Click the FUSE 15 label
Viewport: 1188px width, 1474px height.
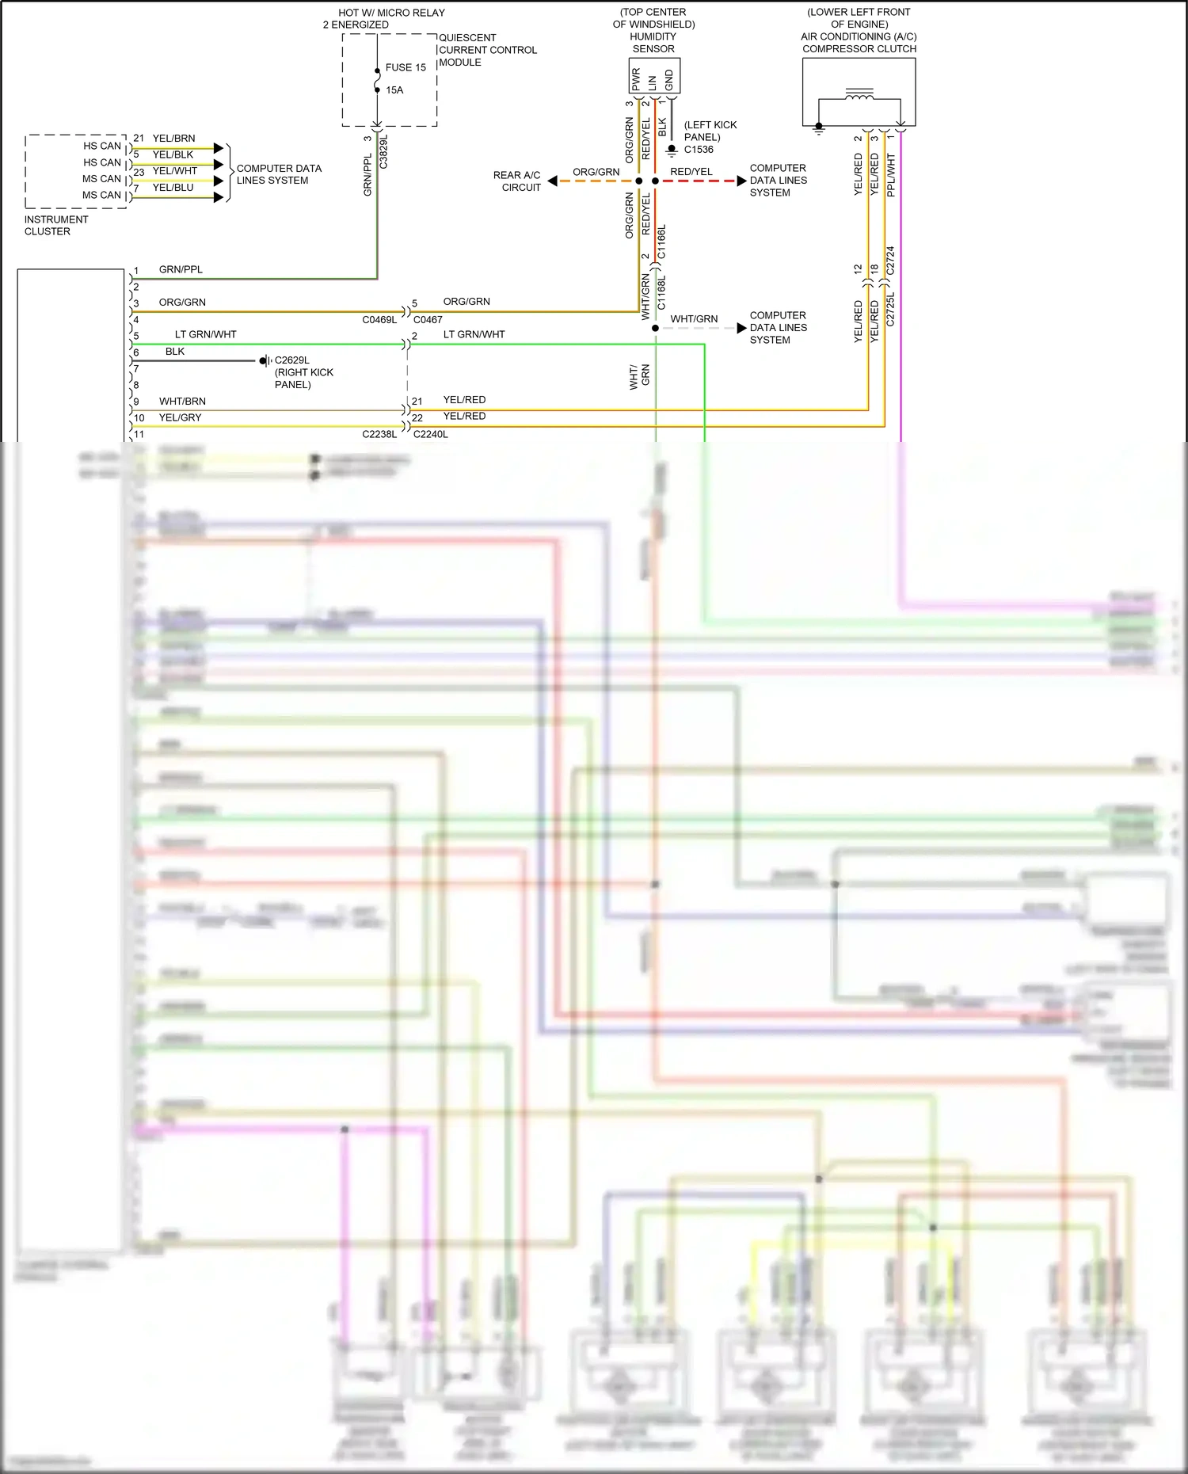[x=406, y=67]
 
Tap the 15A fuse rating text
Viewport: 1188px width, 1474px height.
[x=394, y=90]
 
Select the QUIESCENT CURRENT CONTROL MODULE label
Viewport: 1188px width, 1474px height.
[x=487, y=50]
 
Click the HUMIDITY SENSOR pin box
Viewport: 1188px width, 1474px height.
[x=654, y=77]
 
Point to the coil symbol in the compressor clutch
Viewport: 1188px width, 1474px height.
[x=859, y=95]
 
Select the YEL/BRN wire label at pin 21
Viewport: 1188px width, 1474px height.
[x=173, y=139]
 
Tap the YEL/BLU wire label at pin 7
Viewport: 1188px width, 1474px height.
[x=173, y=188]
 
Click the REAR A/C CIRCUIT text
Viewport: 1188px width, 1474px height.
[x=518, y=181]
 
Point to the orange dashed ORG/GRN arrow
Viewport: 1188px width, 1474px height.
[x=594, y=181]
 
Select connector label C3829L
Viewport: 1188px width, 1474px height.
[x=384, y=151]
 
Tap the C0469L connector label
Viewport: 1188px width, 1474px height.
[x=379, y=320]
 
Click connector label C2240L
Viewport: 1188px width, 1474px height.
[x=431, y=435]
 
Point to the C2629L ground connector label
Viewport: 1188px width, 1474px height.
[x=292, y=360]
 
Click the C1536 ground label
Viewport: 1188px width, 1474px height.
[x=699, y=150]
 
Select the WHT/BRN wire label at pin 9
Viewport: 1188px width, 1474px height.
[x=182, y=402]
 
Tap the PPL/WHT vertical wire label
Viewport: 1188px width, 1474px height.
[x=891, y=176]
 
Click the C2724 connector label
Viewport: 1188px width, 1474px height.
[x=890, y=261]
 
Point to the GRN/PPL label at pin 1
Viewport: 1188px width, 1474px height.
[x=181, y=270]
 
